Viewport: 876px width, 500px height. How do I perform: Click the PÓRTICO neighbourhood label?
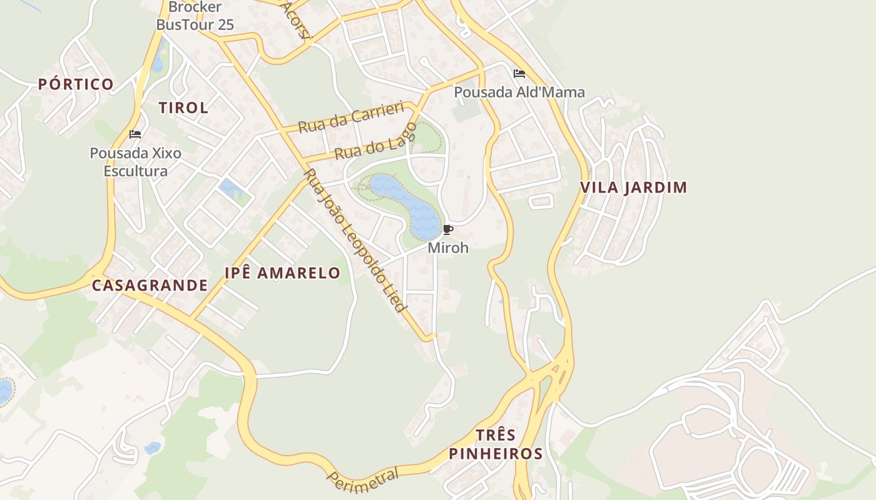point(76,84)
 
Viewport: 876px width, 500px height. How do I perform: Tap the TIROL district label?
point(183,107)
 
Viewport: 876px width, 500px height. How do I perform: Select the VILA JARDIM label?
point(633,187)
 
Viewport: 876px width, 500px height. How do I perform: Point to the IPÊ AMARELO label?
point(282,273)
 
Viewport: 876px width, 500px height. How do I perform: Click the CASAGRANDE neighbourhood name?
point(150,286)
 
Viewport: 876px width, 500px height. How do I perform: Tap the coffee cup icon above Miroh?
point(447,230)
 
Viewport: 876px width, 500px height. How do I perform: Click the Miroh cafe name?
point(448,247)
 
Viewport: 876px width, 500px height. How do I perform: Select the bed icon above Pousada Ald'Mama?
point(519,74)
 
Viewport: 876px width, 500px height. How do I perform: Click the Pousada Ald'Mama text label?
point(519,92)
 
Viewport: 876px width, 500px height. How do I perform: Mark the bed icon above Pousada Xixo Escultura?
point(135,134)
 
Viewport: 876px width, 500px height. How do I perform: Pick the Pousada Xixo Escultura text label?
point(136,162)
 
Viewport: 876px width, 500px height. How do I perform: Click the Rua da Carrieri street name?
point(350,117)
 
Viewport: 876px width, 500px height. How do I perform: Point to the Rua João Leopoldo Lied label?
point(355,241)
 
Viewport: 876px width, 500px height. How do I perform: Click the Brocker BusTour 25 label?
point(195,16)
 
